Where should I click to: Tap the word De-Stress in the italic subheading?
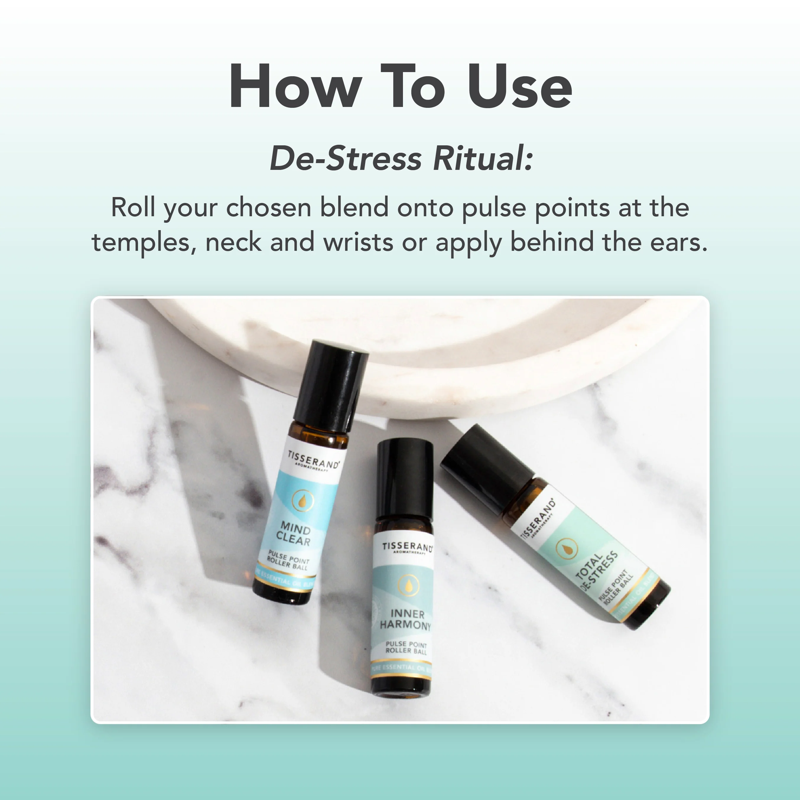346,159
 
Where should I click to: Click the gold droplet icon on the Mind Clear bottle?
303,501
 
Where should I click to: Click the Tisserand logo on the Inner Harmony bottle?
407,548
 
